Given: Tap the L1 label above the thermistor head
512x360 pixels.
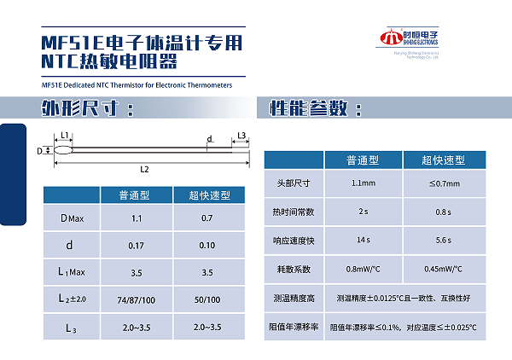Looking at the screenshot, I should pos(65,136).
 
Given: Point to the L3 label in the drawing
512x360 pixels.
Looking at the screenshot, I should pos(241,136).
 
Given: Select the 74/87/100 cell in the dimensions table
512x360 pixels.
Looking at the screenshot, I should pos(137,300).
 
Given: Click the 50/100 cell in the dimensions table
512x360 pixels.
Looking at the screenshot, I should pos(208,300).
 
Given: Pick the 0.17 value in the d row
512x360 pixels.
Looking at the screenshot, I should pos(137,247).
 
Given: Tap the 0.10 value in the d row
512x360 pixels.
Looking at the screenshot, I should pos(208,247).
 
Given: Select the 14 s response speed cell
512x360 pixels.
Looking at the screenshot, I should pos(363,241).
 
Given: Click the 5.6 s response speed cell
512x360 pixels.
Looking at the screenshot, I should pos(444,241).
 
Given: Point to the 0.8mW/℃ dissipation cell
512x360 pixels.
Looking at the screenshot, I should pos(363,270).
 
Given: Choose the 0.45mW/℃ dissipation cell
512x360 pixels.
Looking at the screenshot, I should pos(444,270).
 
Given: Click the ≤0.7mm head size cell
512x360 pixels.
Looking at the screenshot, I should pos(444,183).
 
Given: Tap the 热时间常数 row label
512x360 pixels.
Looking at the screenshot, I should pos(293,212).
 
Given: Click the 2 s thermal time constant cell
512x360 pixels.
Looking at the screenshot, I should pos(363,212).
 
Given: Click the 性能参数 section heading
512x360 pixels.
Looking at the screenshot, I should pos(316,108).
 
